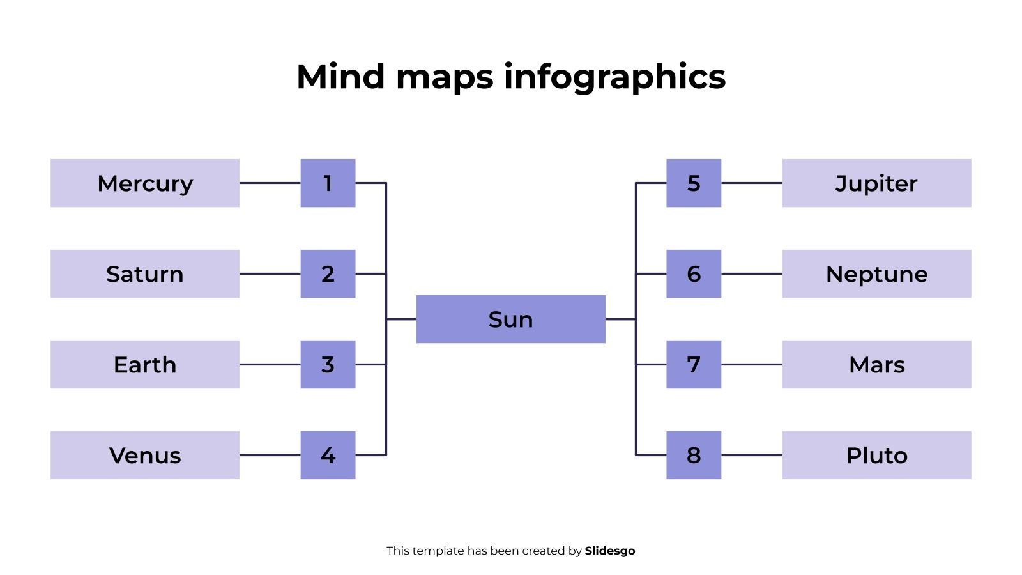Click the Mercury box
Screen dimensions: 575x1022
tap(145, 183)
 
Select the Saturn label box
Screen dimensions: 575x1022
tap(145, 274)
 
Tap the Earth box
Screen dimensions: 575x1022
tap(145, 365)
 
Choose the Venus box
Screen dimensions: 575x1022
tap(145, 456)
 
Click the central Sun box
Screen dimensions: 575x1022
tap(510, 319)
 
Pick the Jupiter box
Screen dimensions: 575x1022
tap(876, 183)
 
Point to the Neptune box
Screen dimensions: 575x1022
tap(876, 274)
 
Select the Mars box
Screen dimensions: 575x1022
tap(876, 365)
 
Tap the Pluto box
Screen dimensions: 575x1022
tap(876, 456)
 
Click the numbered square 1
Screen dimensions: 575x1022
tap(328, 183)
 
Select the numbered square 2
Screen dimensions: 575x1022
tap(328, 274)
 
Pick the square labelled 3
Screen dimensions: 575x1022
tap(328, 365)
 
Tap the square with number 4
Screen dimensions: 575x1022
tap(328, 456)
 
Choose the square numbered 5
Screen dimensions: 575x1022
tap(694, 183)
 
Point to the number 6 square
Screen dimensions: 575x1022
tap(694, 274)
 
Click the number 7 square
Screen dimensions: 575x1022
tap(694, 365)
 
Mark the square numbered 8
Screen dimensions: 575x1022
tap(694, 456)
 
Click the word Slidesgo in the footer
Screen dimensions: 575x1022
tap(609, 551)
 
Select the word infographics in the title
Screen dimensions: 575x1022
tap(614, 77)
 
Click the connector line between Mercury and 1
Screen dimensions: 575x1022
tap(270, 183)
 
